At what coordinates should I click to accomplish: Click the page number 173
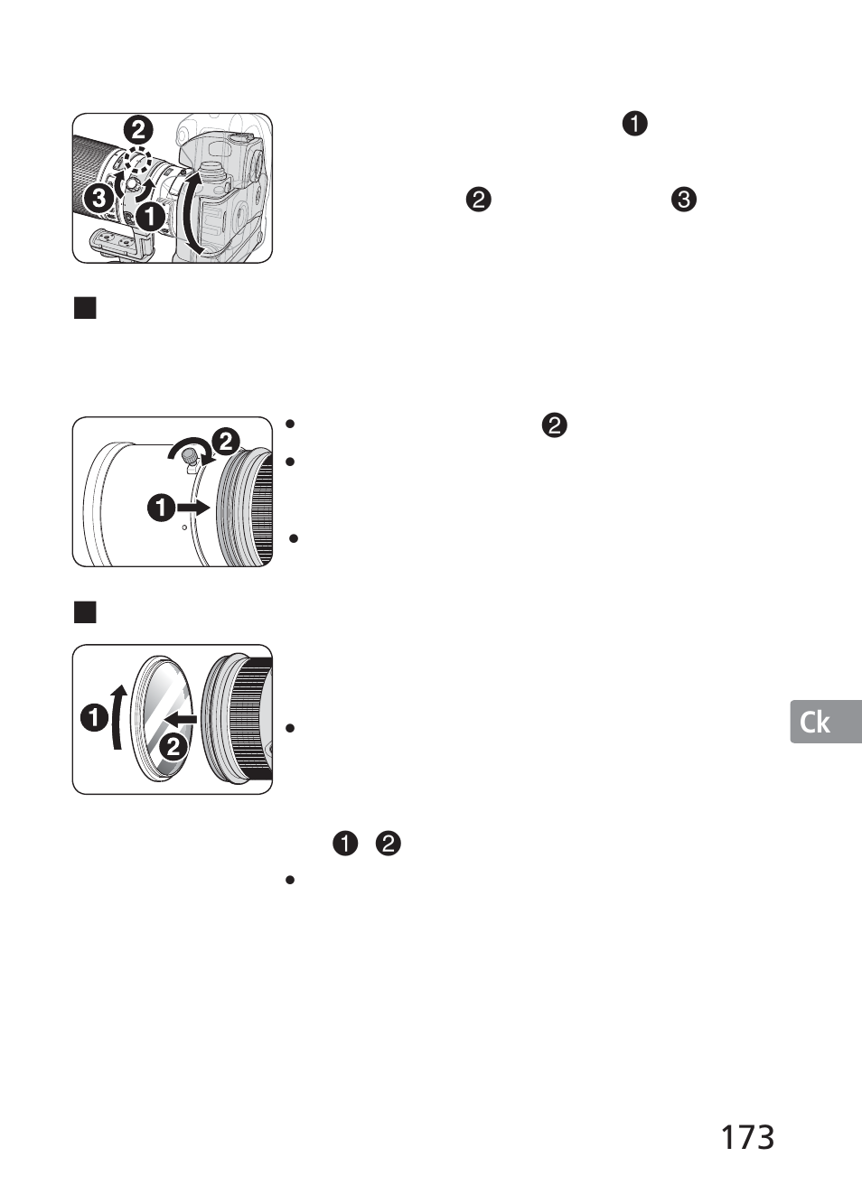747,1136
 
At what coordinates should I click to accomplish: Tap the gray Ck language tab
826,722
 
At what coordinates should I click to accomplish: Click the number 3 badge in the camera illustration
99,200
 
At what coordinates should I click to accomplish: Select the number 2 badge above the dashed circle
138,131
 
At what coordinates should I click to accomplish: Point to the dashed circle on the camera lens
137,160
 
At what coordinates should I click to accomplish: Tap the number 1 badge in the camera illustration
150,217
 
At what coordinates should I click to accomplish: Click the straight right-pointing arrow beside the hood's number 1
192,508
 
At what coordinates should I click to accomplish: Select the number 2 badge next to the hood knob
225,442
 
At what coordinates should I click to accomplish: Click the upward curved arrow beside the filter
119,717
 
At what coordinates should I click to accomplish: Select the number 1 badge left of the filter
94,718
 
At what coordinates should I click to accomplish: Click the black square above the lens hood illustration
85,308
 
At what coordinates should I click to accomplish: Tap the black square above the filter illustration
85,612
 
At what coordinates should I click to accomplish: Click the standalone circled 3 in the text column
684,200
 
